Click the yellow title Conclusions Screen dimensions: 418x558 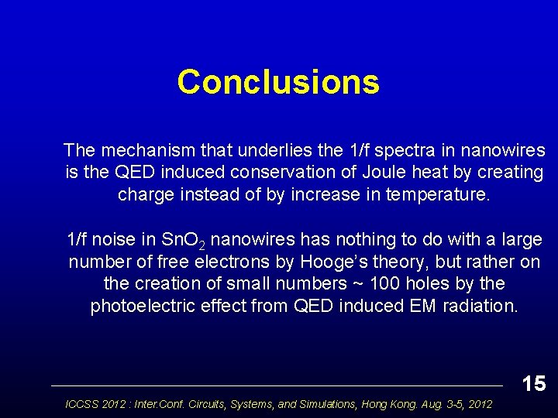point(278,82)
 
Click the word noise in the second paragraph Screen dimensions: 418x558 point(121,239)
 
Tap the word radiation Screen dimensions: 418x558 point(480,307)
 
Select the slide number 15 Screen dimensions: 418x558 point(533,383)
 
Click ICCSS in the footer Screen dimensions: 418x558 point(82,404)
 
